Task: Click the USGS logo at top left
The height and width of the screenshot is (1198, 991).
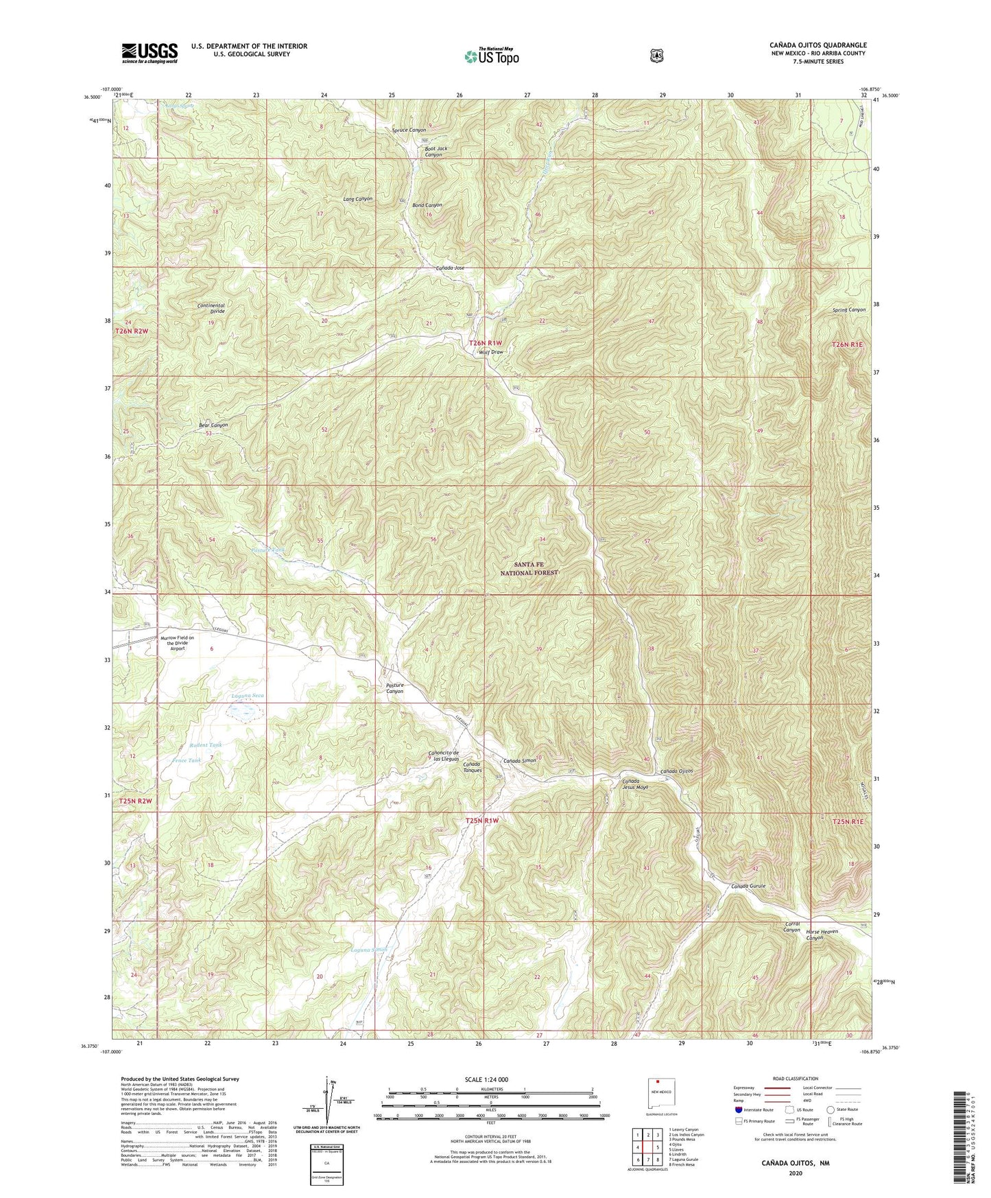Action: tap(150, 53)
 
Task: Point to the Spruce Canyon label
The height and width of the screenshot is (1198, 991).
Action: tap(409, 130)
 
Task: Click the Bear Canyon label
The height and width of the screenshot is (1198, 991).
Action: tap(213, 425)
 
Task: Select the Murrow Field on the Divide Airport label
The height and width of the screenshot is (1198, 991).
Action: tap(178, 643)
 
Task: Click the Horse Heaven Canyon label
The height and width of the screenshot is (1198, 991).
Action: tap(823, 935)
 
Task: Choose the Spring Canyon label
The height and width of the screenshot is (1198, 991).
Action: tap(849, 309)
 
